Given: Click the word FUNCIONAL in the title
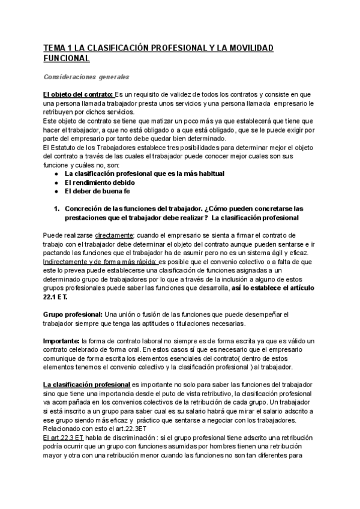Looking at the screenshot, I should pyautogui.click(x=65, y=58).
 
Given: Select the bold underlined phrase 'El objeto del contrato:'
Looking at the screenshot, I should pyautogui.click(x=78, y=95).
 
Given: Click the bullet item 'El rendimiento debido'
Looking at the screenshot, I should pyautogui.click(x=100, y=182).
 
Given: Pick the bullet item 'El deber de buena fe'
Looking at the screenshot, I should pyautogui.click(x=97, y=191).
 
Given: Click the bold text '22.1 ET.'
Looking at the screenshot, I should pyautogui.click(x=58, y=296).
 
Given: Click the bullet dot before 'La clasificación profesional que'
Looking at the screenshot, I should pyautogui.click(x=55, y=173).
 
